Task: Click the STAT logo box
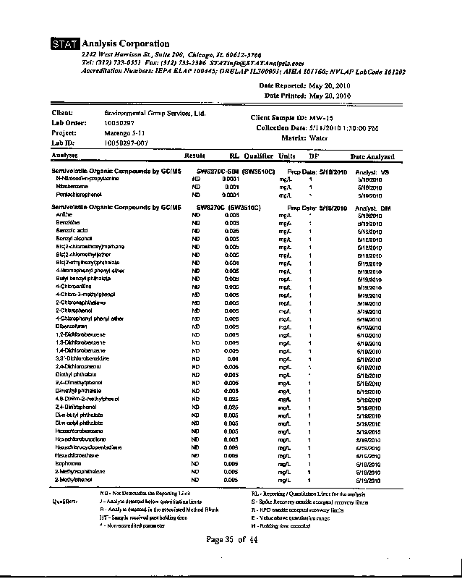[66, 45]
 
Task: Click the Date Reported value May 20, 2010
[329, 85]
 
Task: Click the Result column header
[194, 156]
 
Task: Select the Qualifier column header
[258, 156]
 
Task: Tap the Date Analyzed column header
[372, 156]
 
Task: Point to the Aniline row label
[64, 216]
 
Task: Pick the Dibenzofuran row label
[69, 326]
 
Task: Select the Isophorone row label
[67, 463]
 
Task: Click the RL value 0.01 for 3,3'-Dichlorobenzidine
[233, 358]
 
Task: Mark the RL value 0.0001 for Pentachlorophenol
[231, 195]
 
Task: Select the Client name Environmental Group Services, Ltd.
[155, 114]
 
